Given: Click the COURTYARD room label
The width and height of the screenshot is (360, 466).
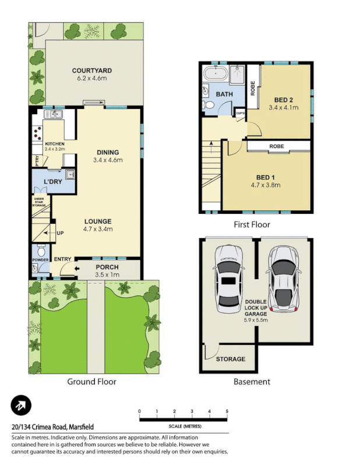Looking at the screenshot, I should coord(92,70).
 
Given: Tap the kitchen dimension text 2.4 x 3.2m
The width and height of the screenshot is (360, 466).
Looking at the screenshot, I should coord(55,149).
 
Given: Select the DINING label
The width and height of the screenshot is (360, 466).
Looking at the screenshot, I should coord(107,153).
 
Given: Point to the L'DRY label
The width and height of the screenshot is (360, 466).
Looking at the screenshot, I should coord(53,182).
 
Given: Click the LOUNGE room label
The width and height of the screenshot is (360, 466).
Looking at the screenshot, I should coord(98,221).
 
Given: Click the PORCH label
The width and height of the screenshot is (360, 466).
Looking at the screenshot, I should coord(107,267).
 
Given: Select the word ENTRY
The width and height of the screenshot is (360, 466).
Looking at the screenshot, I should coord(62,259).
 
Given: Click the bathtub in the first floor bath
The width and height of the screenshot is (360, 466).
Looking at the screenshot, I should coord(216,74).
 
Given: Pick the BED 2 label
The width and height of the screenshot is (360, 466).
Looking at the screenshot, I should coord(284,100).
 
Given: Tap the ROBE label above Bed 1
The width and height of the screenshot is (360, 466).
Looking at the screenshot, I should coord(277,146).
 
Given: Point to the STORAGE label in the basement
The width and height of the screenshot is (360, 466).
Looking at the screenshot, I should coord(231,359).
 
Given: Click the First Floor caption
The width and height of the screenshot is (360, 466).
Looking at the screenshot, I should coord(252,224).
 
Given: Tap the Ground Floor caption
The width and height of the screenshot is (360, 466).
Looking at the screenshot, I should coord(92,382).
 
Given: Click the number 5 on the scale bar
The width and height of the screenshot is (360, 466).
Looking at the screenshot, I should coord(227,411).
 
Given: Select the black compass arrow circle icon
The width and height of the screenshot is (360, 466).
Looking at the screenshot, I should coord(21,406).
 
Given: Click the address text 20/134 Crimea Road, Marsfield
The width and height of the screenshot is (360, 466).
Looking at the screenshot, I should coord(54,426).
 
